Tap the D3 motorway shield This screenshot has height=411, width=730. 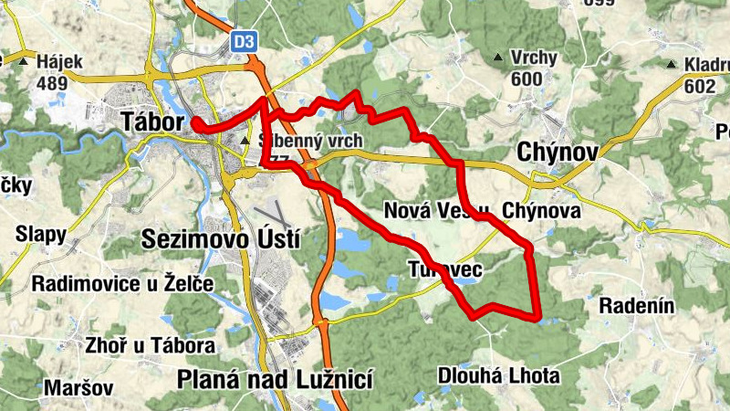click(244, 41)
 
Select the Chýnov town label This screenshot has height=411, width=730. click(558, 152)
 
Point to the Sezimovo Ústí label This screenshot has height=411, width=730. click(222, 239)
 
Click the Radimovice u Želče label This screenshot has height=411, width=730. click(122, 284)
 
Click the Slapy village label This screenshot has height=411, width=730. click(41, 235)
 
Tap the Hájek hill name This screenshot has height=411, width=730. click(60, 63)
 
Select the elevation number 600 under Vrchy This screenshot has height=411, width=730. click(527, 79)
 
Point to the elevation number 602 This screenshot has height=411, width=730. click(699, 86)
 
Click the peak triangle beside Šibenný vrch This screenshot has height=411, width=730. click(245, 142)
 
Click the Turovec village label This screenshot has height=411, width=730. click(444, 269)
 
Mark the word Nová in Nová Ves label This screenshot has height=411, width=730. click(406, 210)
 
